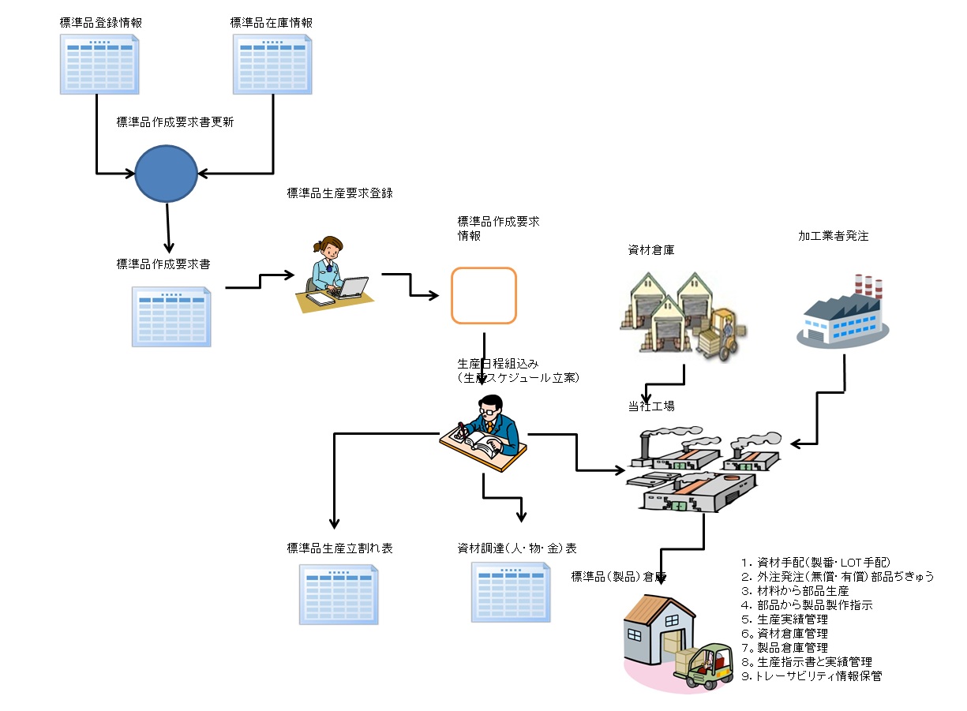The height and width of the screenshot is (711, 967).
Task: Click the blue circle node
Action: (166, 173)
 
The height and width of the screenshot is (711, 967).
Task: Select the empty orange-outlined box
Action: (484, 295)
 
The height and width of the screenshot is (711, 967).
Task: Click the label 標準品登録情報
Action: (100, 23)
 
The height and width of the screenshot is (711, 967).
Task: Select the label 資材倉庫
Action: (650, 250)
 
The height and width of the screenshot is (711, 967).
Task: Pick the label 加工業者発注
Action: (834, 236)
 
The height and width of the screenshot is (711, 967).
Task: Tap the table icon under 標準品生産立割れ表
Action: (339, 593)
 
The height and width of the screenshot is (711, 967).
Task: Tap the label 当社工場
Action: (651, 406)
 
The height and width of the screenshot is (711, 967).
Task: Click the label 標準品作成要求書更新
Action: (174, 122)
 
